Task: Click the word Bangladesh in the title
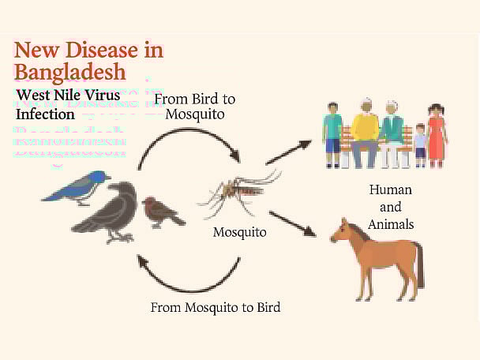(x=70, y=73)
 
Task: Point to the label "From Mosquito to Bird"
(x=216, y=306)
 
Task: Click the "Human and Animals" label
(x=390, y=207)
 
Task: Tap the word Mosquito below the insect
(x=239, y=233)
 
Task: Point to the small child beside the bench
(x=420, y=144)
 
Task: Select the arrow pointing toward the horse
(x=291, y=223)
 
